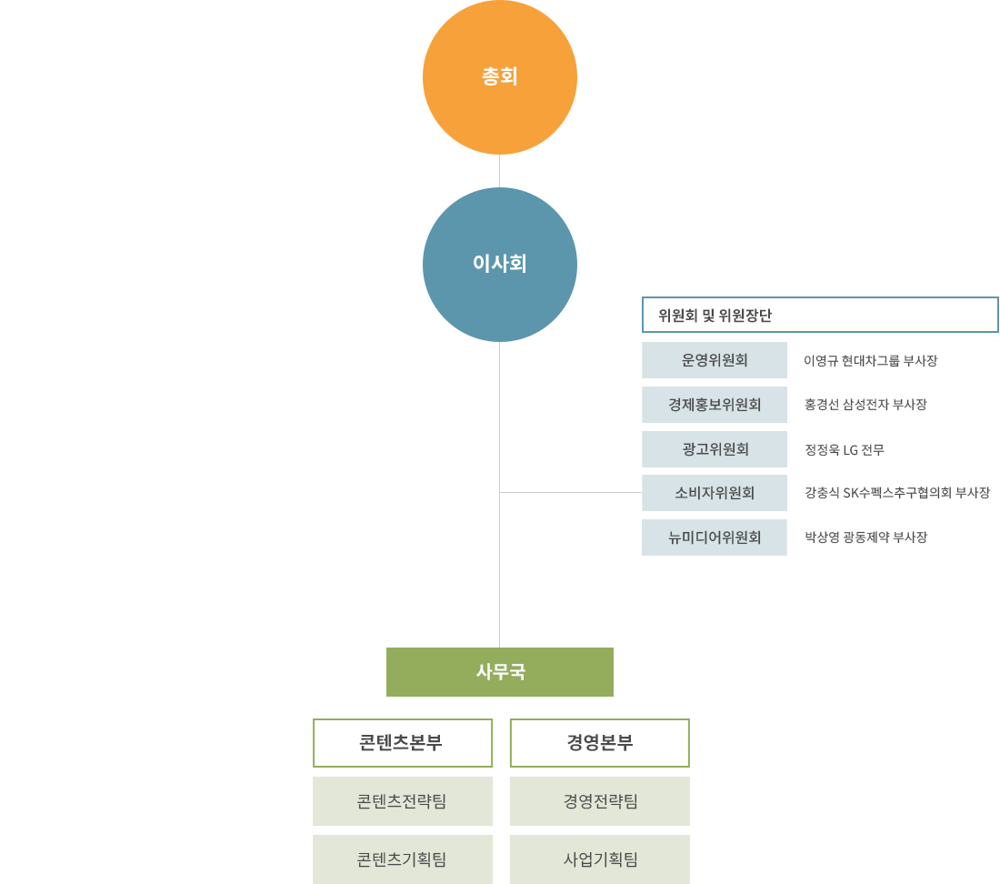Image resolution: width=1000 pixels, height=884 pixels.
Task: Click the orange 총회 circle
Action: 500,77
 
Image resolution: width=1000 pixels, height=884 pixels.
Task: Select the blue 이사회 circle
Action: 500,265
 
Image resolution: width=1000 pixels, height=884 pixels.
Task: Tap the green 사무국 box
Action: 500,671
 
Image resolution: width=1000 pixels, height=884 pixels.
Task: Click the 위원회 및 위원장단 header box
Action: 820,315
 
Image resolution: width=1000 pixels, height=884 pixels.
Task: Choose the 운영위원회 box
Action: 715,360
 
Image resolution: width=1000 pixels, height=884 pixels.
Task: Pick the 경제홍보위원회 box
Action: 715,405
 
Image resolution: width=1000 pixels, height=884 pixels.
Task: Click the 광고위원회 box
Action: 715,449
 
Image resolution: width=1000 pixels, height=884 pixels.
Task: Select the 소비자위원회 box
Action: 715,493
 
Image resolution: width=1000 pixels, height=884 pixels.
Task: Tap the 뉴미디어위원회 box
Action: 715,537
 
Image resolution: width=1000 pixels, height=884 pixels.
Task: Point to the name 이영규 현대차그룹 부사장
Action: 871,361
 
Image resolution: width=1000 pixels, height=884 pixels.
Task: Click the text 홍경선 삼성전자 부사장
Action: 865,405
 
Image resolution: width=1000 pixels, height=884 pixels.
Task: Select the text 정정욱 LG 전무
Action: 845,449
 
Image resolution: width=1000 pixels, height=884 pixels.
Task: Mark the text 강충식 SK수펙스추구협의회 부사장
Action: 897,492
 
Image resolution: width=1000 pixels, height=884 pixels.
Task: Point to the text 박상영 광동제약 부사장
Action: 865,537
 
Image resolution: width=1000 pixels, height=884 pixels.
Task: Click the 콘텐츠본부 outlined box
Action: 403,743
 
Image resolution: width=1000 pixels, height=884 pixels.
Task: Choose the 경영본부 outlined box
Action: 599,743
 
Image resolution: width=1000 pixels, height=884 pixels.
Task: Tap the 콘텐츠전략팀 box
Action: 403,801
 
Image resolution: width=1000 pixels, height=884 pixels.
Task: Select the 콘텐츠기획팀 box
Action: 403,859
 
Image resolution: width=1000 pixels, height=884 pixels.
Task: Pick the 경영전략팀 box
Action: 599,801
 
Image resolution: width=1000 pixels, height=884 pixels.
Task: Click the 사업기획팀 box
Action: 599,859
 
